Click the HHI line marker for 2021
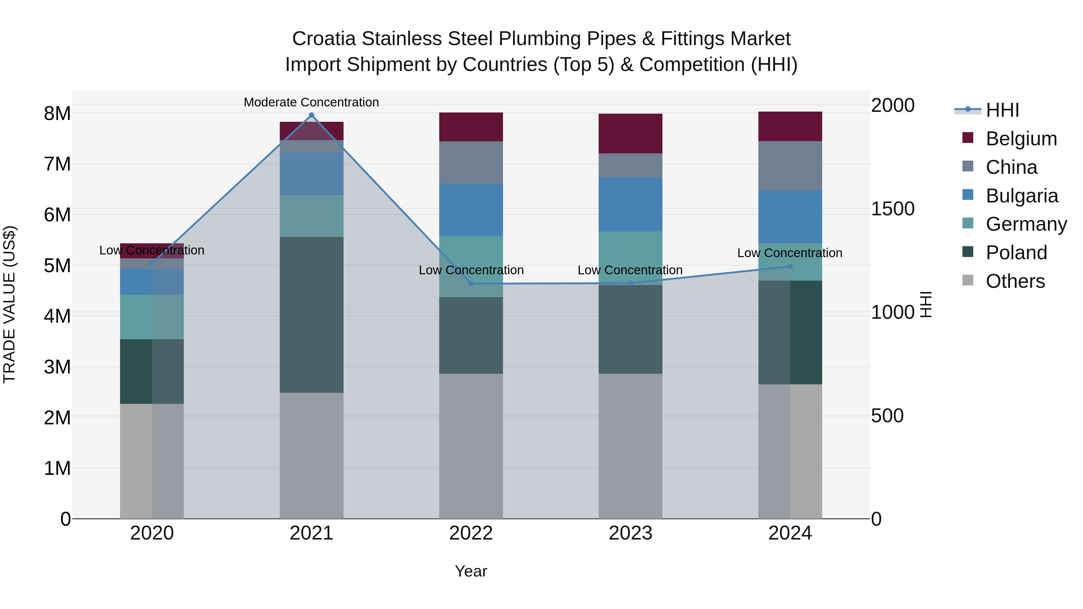312,115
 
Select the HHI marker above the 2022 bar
471,284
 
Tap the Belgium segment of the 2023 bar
630,133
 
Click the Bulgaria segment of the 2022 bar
471,210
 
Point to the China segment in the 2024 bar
790,166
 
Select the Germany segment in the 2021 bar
312,216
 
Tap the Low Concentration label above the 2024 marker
790,253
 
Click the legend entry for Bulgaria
1022,196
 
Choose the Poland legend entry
1016,253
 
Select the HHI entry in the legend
1002,110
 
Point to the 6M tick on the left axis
57,215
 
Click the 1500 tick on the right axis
892,209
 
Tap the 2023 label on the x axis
630,533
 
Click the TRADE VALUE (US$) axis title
9,305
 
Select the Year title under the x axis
471,571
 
